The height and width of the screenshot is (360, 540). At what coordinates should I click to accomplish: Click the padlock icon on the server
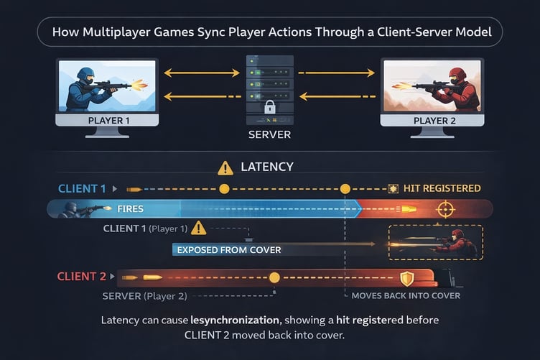pyautogui.click(x=270, y=107)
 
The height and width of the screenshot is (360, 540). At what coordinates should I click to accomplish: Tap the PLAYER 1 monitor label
pyautogui.click(x=109, y=121)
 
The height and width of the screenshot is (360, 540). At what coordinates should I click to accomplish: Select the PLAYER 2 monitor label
pyautogui.click(x=434, y=121)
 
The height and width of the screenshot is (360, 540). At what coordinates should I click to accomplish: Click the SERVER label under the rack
pyautogui.click(x=270, y=134)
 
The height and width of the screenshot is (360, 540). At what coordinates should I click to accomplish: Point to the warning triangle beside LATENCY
pyautogui.click(x=225, y=168)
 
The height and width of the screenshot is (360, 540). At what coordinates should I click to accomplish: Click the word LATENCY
pyautogui.click(x=267, y=167)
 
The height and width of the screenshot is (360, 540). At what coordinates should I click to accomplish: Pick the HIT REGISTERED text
pyautogui.click(x=442, y=188)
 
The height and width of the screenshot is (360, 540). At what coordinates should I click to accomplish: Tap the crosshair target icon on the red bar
pyautogui.click(x=445, y=209)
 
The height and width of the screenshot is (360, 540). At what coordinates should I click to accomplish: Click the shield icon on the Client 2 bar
pyautogui.click(x=406, y=278)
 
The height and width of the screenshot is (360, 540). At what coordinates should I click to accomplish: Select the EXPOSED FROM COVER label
pyautogui.click(x=229, y=250)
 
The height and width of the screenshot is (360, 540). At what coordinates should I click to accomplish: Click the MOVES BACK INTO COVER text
pyautogui.click(x=406, y=295)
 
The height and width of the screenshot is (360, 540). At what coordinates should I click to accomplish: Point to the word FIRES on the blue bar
pyautogui.click(x=130, y=209)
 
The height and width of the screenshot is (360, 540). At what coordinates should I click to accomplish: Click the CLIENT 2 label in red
pyautogui.click(x=82, y=276)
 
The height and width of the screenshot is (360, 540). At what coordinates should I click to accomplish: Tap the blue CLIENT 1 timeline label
pyautogui.click(x=82, y=188)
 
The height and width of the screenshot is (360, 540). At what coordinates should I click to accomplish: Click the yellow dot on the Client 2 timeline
pyautogui.click(x=274, y=277)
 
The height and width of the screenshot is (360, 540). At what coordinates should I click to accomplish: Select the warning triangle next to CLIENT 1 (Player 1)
pyautogui.click(x=199, y=229)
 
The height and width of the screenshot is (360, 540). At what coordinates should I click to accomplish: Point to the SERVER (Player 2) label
pyautogui.click(x=144, y=296)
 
